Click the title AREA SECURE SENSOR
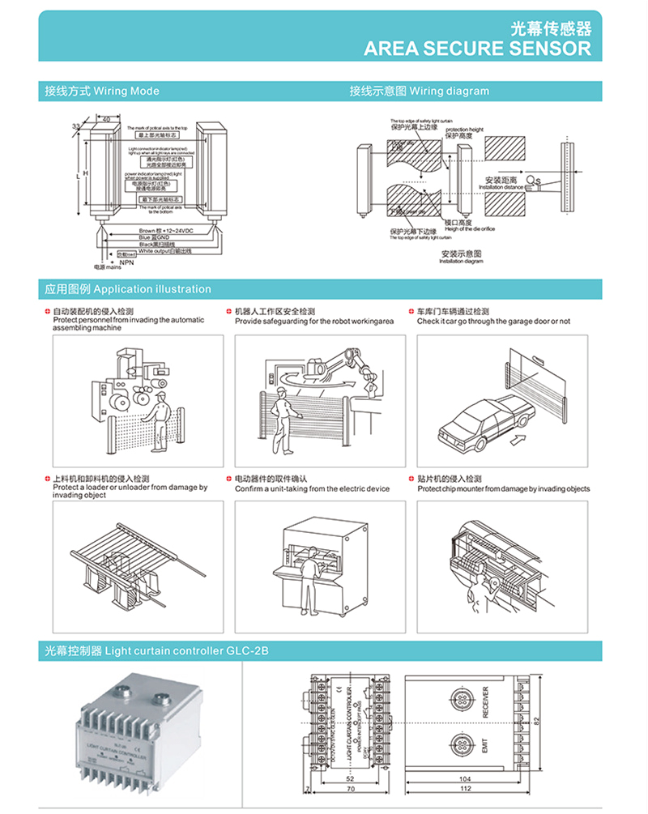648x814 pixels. point(477,48)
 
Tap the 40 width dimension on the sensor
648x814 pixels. point(106,120)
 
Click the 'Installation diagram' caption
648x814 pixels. point(461,258)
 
